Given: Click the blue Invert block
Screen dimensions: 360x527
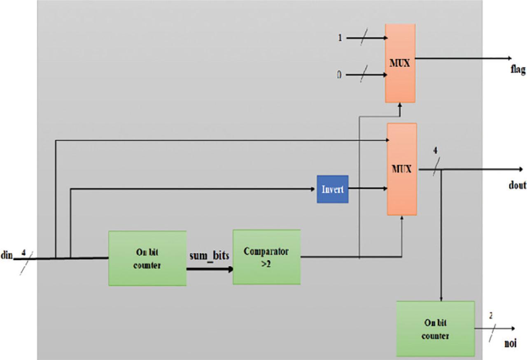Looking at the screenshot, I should tap(332, 189).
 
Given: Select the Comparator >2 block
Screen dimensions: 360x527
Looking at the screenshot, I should tap(266, 257).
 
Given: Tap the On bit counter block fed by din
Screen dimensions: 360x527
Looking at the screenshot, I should tap(147, 258).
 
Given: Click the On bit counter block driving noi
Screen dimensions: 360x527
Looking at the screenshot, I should tap(435, 329).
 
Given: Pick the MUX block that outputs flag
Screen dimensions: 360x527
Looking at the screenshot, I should tap(400, 63).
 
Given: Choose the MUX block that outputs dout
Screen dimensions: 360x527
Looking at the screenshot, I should tap(401, 169).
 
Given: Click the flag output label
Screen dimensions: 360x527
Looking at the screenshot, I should tap(518, 70).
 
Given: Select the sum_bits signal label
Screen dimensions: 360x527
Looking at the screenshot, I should tap(209, 255).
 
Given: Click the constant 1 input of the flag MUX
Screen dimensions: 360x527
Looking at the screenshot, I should tap(340, 37).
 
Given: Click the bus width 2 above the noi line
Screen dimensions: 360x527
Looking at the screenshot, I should tap(490, 316).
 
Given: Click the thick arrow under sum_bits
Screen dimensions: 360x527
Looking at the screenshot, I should tap(210, 269).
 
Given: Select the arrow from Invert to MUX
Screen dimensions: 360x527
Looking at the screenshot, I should tap(368, 189).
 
